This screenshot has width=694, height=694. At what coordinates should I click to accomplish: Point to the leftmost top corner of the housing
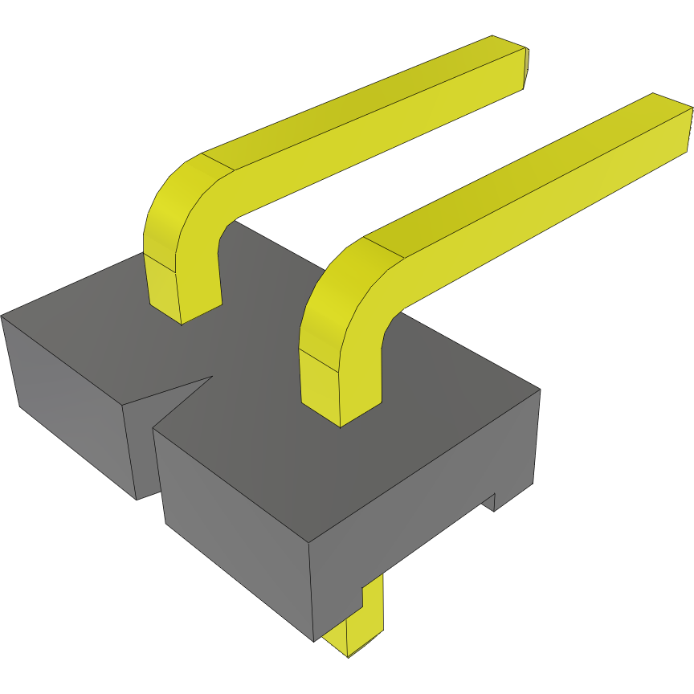pyautogui.click(x=2, y=316)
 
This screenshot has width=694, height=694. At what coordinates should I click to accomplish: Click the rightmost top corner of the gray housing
pyautogui.click(x=540, y=390)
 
